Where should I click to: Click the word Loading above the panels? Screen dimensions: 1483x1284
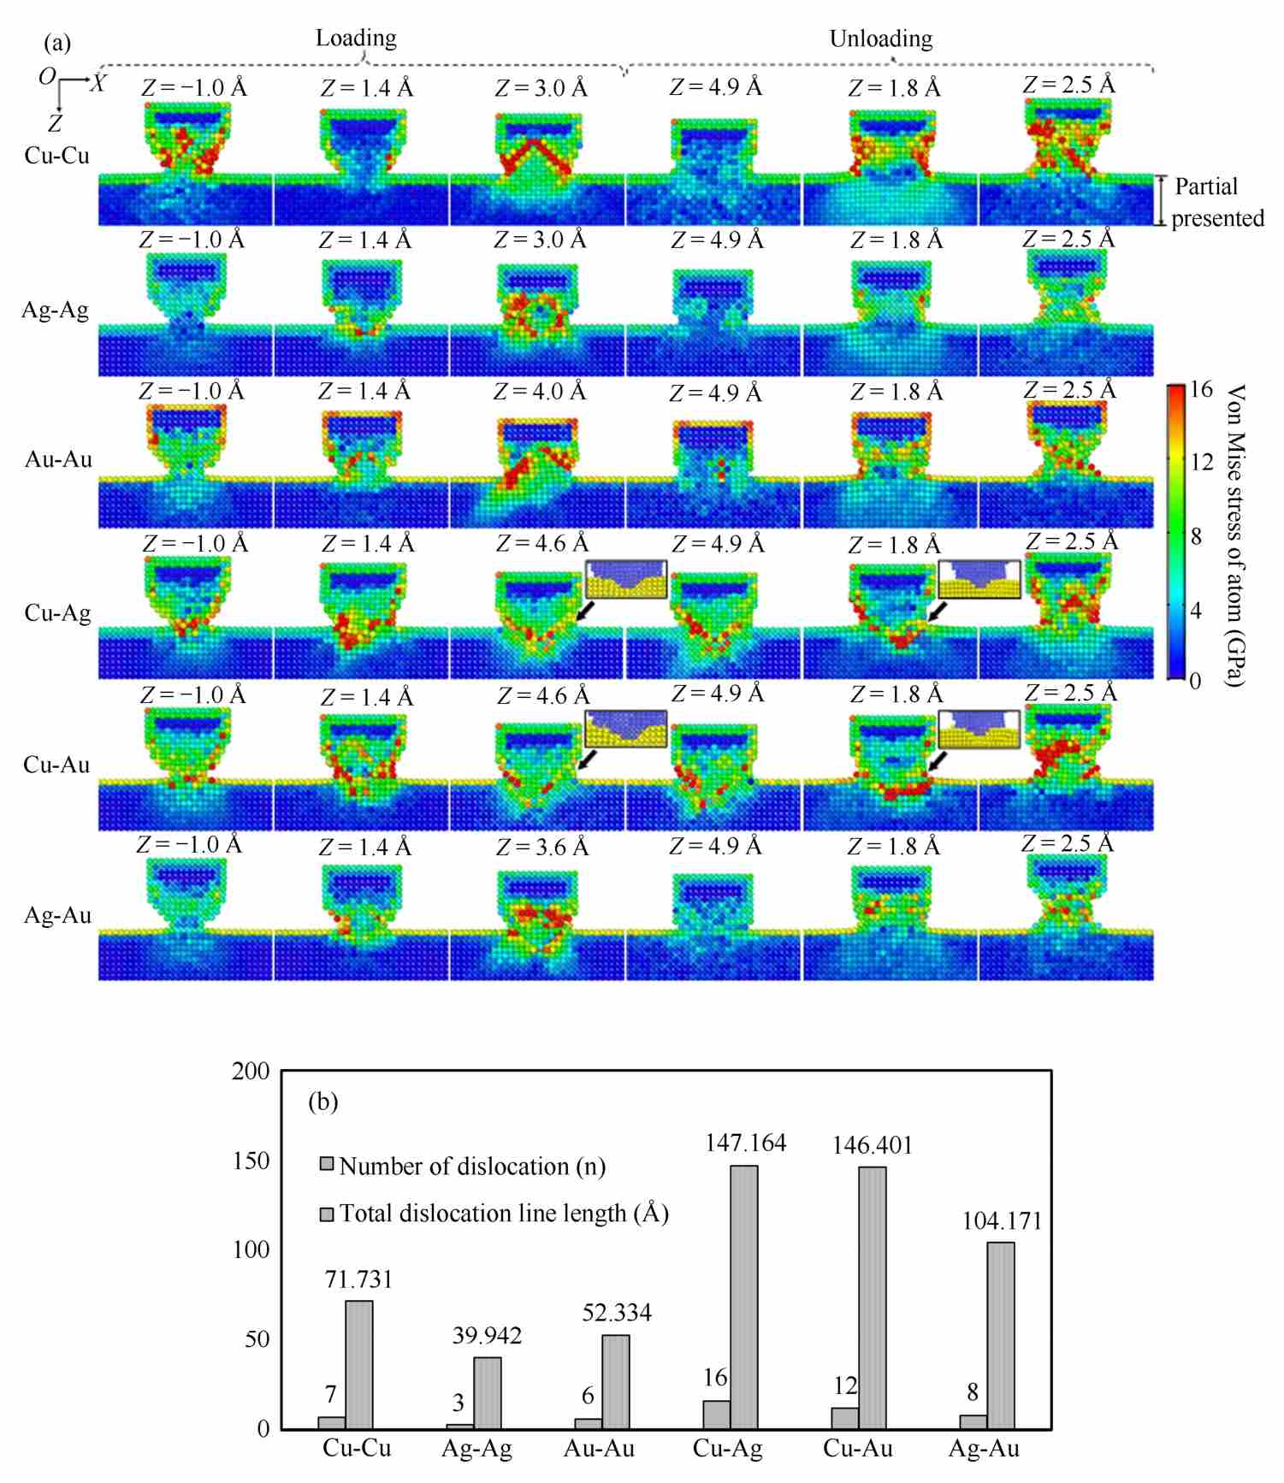point(356,38)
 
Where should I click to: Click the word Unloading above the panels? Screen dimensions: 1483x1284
point(880,39)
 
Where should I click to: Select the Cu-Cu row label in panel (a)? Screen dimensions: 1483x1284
point(57,156)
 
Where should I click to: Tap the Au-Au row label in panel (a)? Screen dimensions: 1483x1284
point(58,459)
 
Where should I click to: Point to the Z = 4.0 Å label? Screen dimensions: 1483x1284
point(540,392)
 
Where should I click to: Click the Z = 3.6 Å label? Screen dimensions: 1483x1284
point(542,848)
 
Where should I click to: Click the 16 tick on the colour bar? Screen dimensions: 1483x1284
point(1201,390)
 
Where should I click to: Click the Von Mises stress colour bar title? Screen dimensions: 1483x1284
point(1235,535)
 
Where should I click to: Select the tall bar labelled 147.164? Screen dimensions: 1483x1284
point(744,1297)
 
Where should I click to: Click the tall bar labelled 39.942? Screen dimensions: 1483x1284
point(488,1392)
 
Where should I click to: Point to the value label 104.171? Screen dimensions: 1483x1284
point(1002,1220)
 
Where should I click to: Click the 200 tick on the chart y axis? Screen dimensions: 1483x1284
point(251,1072)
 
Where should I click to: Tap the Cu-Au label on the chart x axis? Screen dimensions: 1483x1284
point(858,1449)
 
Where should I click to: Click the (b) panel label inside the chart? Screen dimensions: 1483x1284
point(322,1102)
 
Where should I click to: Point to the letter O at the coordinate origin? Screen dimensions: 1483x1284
point(47,77)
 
